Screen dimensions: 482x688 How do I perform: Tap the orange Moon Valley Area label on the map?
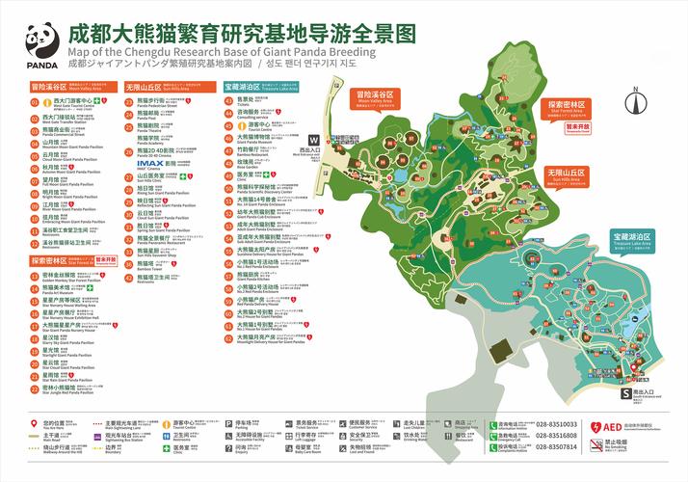(376, 96)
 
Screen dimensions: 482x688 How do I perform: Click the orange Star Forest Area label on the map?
(569, 106)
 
